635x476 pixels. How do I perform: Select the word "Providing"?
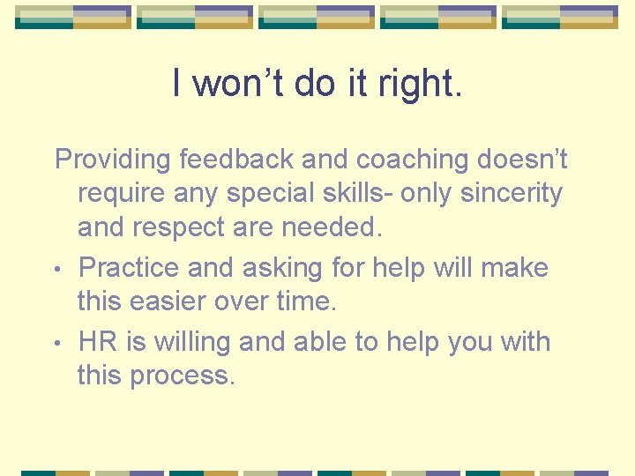tap(112, 160)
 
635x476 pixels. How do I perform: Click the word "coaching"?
tap(411, 160)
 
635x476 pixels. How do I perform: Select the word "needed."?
tap(333, 228)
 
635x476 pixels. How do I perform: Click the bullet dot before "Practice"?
tap(58, 268)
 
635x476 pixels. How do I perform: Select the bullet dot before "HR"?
tap(58, 341)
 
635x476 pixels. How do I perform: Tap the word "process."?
tap(183, 375)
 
